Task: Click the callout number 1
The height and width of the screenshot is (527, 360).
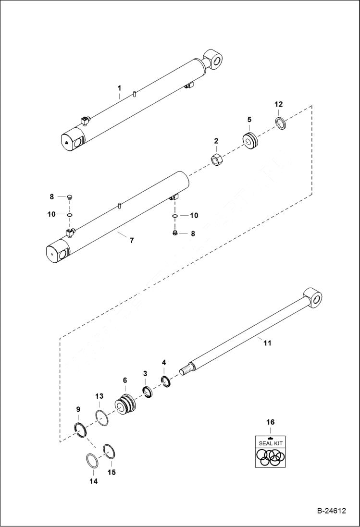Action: (120, 88)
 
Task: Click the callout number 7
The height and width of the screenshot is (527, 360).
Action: (132, 239)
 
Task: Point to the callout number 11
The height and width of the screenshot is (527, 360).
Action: (268, 343)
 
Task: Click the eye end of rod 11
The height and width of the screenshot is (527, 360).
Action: (312, 298)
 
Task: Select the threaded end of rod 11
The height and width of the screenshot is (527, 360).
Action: (186, 370)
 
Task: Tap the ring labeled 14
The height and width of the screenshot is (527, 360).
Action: (93, 460)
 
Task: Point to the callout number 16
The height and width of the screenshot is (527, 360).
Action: (271, 422)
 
